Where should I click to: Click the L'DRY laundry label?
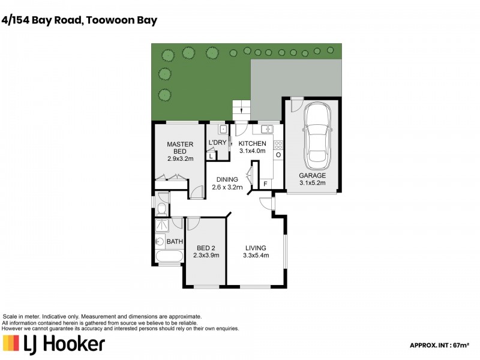(x=217, y=142)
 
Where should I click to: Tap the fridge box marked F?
(x=265, y=184)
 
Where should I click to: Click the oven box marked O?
(x=278, y=155)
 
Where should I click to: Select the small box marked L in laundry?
(x=211, y=156)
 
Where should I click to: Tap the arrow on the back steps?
(x=241, y=110)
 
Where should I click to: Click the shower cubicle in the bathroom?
(x=161, y=225)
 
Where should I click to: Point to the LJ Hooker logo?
(x=54, y=344)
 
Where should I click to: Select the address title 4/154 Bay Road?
(x=80, y=20)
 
